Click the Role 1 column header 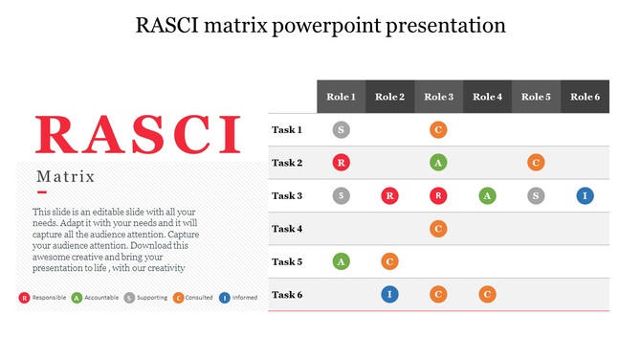tap(341, 97)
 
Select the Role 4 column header tap(487, 97)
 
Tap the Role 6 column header tap(585, 97)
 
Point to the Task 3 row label tap(287, 196)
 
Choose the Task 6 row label tap(287, 295)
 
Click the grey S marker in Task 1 tap(341, 129)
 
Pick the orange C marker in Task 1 tap(438, 129)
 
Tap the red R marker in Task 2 tap(341, 163)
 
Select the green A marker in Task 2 tap(438, 163)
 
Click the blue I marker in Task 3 tap(585, 196)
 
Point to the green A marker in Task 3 tap(487, 196)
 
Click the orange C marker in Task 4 tap(438, 229)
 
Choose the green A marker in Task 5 tap(341, 261)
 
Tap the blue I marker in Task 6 tap(389, 295)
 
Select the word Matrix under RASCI tap(65, 176)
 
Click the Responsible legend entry tap(43, 298)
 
